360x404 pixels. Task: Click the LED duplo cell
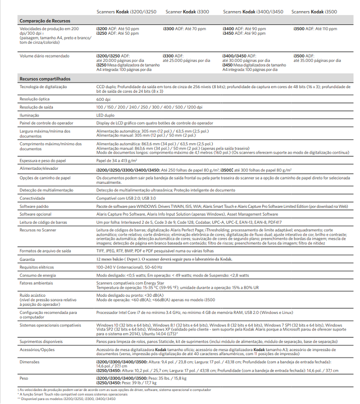106,115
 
